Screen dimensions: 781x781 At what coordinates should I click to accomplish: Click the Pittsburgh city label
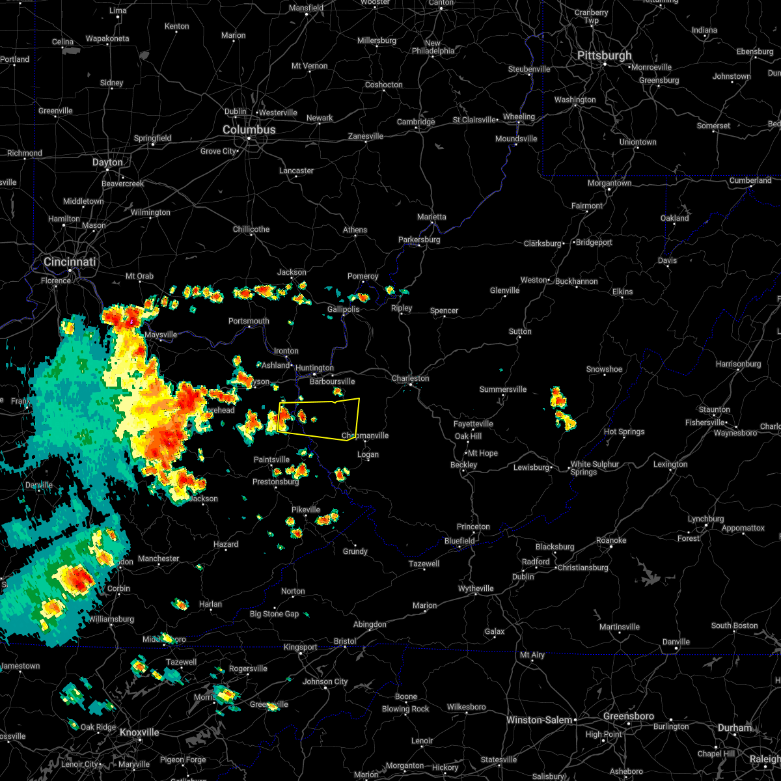605,56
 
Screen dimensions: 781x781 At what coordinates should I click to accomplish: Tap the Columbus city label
249,130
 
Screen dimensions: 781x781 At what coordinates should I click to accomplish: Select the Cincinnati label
70,262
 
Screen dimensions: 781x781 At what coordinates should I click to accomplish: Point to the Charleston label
410,378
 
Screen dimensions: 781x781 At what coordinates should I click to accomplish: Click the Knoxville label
139,732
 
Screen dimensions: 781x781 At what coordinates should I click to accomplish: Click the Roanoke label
611,540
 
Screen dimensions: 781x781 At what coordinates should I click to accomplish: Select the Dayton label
107,162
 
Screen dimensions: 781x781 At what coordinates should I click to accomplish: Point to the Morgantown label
610,183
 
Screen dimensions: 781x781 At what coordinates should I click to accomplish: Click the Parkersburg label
419,240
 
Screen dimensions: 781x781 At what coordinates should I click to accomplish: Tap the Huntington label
314,368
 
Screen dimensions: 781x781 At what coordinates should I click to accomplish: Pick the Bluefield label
459,541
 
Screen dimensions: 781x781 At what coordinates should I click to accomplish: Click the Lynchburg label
706,519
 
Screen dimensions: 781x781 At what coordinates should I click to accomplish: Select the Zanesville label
366,136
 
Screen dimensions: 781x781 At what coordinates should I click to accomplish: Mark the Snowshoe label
604,369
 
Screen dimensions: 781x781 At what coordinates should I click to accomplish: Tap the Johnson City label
325,681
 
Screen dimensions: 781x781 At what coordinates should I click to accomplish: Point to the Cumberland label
750,180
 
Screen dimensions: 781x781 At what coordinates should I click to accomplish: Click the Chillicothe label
251,229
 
